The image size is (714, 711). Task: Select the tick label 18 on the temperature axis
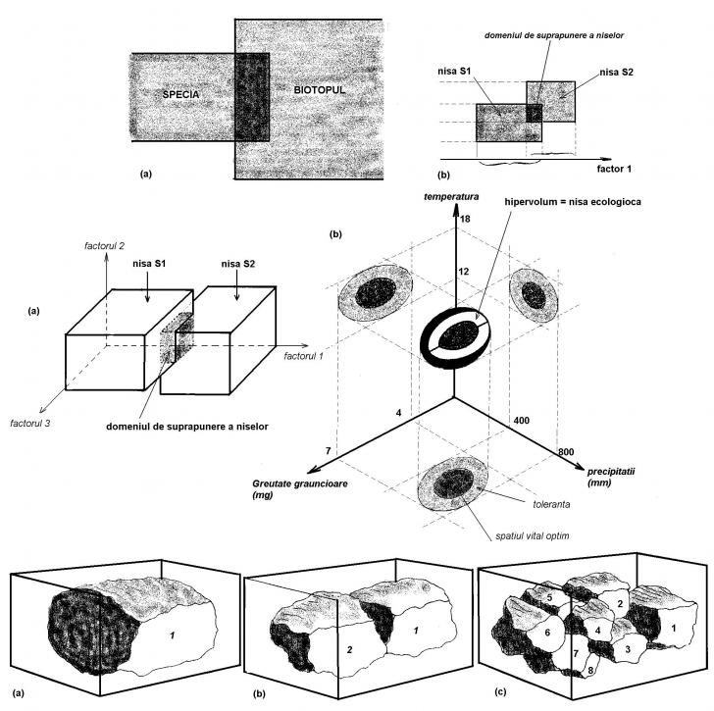[x=465, y=220]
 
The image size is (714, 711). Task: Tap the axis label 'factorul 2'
[x=106, y=243]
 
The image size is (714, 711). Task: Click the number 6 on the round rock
[x=535, y=635]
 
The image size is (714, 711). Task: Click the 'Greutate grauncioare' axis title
[x=306, y=483]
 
